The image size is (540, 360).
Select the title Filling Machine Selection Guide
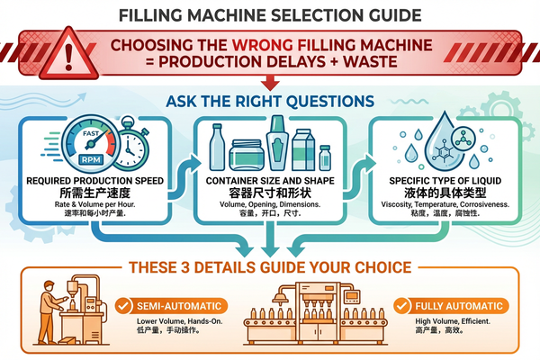click(270, 15)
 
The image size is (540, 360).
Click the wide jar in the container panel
click(248, 154)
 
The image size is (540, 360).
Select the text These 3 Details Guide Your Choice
click(270, 266)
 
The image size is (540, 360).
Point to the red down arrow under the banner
click(270, 83)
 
